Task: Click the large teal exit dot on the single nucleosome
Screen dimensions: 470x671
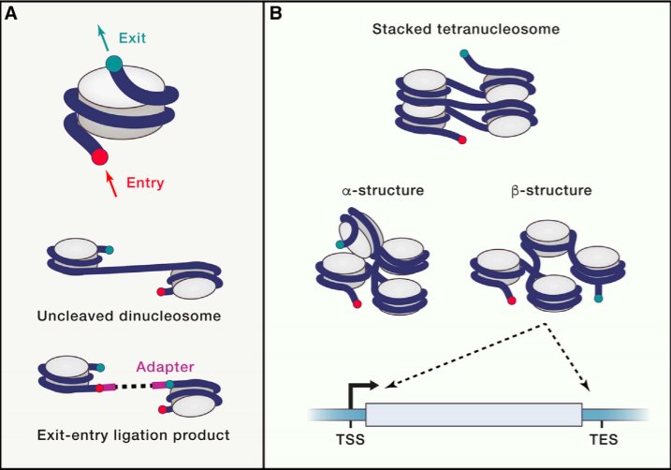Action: click(114, 64)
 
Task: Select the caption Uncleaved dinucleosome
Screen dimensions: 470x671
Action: click(130, 316)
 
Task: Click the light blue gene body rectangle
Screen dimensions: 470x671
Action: click(473, 414)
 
